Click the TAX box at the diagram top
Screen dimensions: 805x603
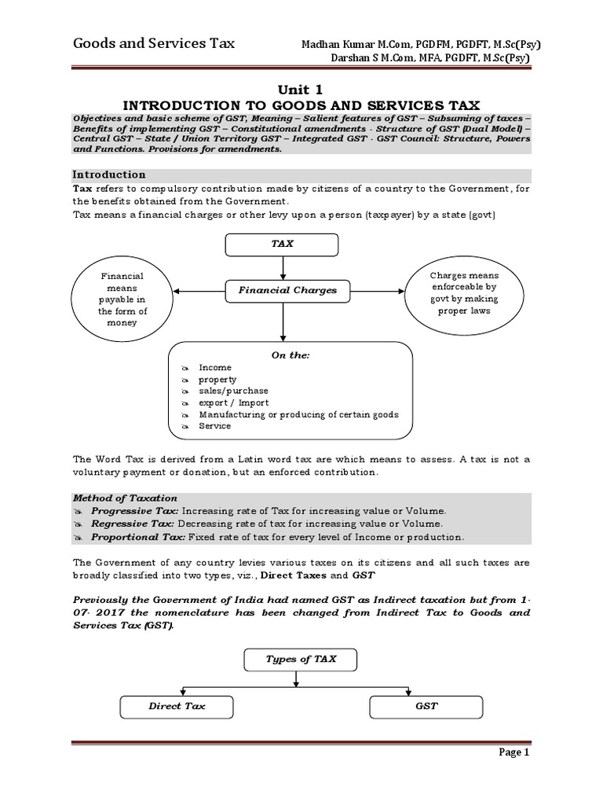(x=282, y=244)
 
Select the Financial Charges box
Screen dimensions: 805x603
(x=282, y=290)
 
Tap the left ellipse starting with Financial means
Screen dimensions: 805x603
(x=121, y=300)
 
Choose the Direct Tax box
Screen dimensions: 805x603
(x=177, y=707)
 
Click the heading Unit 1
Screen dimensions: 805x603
(x=301, y=90)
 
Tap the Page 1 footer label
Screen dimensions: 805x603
(x=515, y=775)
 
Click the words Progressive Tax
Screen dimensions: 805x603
(x=136, y=511)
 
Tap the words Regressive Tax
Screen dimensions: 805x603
(x=134, y=524)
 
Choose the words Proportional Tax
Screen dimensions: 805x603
(x=138, y=538)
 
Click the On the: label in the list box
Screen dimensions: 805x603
(x=291, y=355)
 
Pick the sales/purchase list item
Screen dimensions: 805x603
(x=233, y=391)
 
